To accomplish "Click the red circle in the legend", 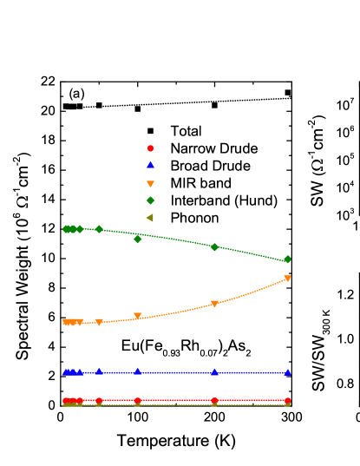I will coord(150,148).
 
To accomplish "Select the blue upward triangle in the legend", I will coord(150,164).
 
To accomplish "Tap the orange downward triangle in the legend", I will coord(150,184).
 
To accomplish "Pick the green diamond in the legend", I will coord(150,200).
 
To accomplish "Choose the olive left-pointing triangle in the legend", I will coord(149,218).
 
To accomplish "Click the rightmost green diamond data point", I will coord(287,259).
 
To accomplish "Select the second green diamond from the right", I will coord(214,247).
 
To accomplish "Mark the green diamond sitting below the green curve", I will coord(137,239).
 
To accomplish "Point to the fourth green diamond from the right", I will coord(99,229).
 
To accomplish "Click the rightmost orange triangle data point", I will coord(287,279).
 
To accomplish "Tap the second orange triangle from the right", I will coord(214,304).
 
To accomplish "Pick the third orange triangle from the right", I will coord(137,316).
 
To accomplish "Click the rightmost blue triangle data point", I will coord(287,372).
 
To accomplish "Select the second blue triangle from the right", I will coord(214,372).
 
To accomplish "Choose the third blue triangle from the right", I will coord(137,371).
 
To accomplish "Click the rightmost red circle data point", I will coord(287,401).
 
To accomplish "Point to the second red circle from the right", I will coord(214,401).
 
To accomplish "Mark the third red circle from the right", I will coord(137,401).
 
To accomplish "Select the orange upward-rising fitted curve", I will coord(252,292).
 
